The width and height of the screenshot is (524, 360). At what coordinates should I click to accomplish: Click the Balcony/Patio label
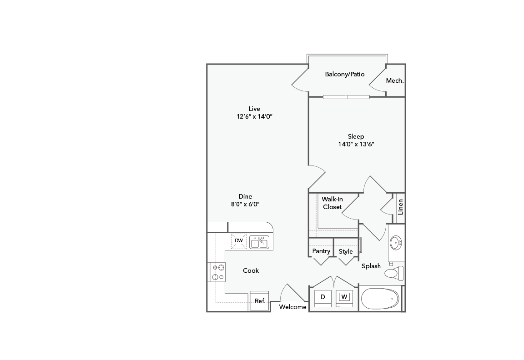(x=345, y=74)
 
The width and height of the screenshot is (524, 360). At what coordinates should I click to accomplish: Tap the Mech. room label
(x=395, y=80)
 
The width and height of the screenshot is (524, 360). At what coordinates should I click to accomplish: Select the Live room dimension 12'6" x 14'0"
(x=254, y=116)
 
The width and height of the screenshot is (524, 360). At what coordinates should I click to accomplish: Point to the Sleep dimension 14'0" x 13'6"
(x=356, y=144)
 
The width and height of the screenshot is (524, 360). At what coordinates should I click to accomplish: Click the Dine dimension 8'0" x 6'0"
(x=245, y=204)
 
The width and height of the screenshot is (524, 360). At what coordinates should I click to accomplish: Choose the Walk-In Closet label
(x=332, y=203)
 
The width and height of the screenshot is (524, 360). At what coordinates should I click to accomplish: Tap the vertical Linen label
(x=400, y=207)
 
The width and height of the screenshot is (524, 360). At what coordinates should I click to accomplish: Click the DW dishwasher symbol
(x=239, y=241)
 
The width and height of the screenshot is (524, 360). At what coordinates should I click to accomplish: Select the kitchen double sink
(x=259, y=242)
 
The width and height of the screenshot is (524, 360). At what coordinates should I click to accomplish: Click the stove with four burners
(x=217, y=272)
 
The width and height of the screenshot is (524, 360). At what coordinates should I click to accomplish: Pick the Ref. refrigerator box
(x=260, y=300)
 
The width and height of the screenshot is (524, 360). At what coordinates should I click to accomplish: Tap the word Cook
(x=251, y=270)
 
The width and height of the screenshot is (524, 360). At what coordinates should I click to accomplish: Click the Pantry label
(x=321, y=251)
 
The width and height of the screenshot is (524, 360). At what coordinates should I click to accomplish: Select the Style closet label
(x=346, y=251)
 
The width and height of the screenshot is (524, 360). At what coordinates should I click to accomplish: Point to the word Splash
(x=371, y=266)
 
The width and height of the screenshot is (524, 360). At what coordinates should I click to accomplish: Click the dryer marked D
(x=322, y=297)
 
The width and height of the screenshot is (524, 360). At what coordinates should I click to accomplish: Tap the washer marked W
(x=344, y=297)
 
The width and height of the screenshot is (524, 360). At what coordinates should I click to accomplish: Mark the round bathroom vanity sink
(x=396, y=242)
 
